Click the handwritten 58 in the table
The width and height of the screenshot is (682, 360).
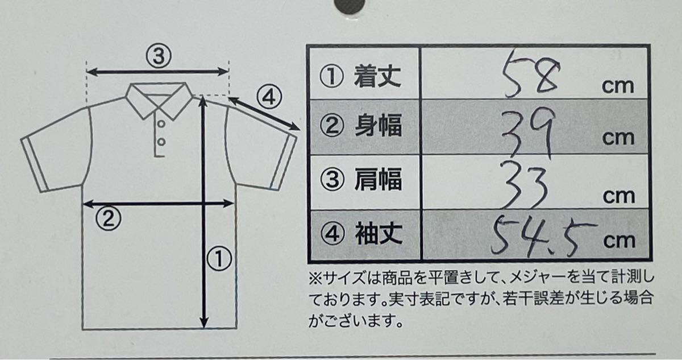(x=531, y=74)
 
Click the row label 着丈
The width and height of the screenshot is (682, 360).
(x=377, y=76)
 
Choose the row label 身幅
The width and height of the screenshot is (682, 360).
(x=378, y=125)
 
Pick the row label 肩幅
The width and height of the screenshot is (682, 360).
(x=378, y=179)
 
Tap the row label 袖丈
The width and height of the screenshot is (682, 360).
(x=379, y=233)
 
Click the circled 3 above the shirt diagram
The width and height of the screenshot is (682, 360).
(x=159, y=56)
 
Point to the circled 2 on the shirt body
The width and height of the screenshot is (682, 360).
(x=108, y=218)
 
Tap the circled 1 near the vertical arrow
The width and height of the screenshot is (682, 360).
(x=219, y=258)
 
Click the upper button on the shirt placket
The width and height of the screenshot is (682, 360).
(x=161, y=123)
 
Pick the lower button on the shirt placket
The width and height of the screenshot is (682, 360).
(x=161, y=142)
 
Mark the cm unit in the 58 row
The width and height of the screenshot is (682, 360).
(x=618, y=86)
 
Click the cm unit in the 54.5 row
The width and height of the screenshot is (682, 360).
(x=619, y=241)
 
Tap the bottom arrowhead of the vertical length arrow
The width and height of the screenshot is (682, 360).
(x=203, y=322)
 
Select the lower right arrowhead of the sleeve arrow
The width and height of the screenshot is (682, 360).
(x=294, y=126)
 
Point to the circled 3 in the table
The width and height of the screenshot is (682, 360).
(x=332, y=179)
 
